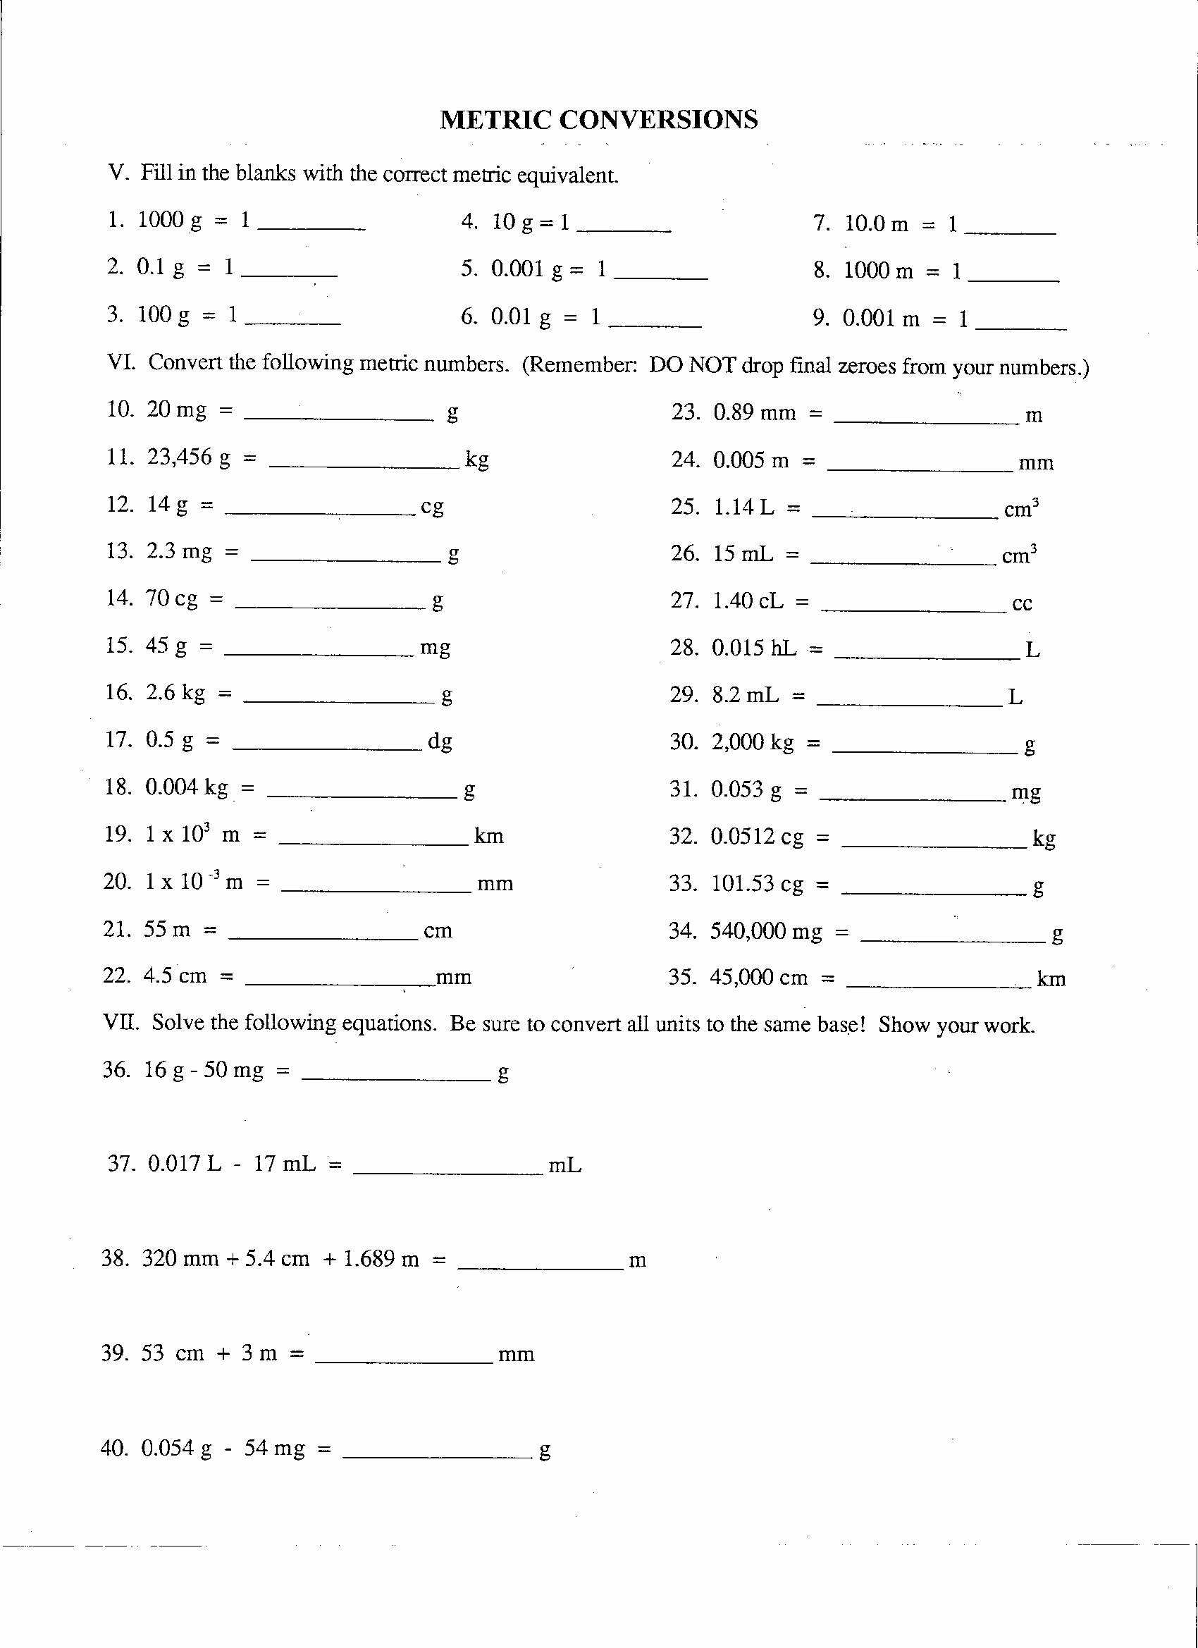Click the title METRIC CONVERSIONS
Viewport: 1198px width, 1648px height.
(598, 119)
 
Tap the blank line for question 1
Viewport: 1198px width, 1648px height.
(311, 228)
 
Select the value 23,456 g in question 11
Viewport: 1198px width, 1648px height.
(189, 457)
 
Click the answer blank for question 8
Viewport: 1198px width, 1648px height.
(1013, 280)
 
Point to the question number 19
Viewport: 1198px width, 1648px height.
(117, 834)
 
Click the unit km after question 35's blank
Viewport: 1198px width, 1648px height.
(1051, 979)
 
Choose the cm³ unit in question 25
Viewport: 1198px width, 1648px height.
(1020, 509)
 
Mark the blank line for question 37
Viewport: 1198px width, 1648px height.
(447, 1174)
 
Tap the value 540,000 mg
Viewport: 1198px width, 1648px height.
(766, 931)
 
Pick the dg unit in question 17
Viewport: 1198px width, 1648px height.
(440, 741)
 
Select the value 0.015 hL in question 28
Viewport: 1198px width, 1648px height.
(754, 647)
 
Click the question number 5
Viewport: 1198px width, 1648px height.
(469, 269)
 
